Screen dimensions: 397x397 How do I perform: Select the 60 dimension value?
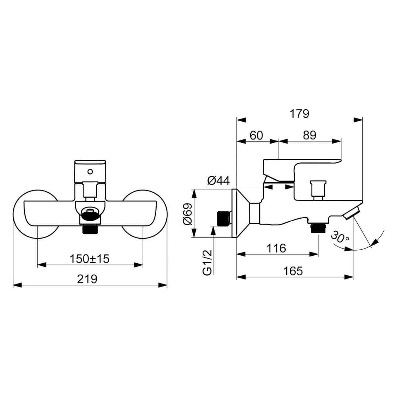pos(256,135)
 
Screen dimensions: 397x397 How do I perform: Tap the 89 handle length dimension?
pos(310,135)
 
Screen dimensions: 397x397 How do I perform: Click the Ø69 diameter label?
pos(187,214)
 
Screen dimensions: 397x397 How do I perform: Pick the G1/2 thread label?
pos(207,262)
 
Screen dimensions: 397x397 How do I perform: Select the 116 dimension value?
pos(276,248)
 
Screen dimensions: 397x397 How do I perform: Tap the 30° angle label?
pos(340,237)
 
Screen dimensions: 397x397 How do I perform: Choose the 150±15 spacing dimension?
pos(89,259)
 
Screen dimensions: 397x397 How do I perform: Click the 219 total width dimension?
pos(87,279)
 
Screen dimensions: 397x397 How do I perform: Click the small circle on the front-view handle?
pos(90,171)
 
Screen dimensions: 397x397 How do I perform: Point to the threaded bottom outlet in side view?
pos(318,228)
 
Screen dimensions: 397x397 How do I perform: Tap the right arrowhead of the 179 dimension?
pos(358,120)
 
